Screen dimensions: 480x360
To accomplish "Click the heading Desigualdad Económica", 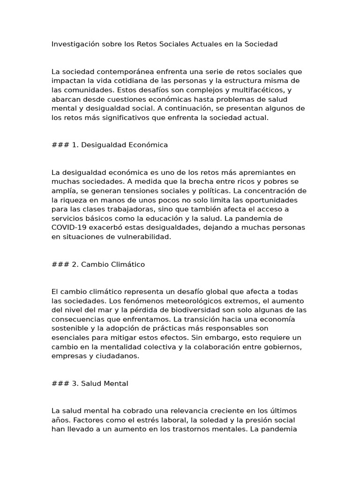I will [x=124, y=145].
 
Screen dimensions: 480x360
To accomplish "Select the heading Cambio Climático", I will [x=113, y=264].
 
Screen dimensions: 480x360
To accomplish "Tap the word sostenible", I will [x=70, y=328].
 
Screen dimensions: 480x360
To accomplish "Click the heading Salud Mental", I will [x=105, y=383].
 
